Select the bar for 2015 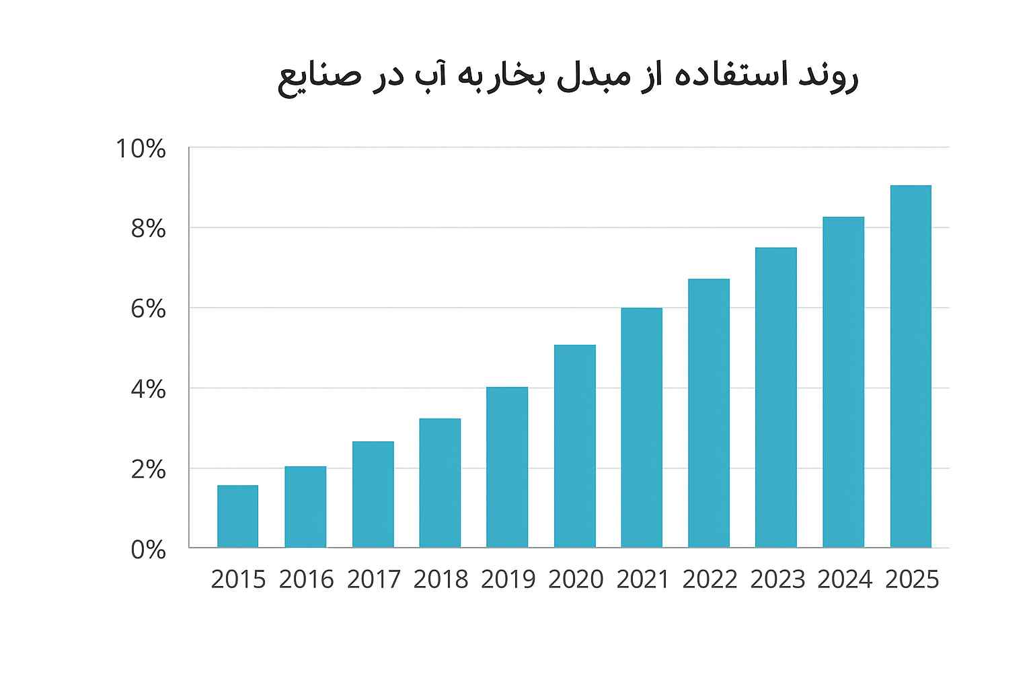click(237, 516)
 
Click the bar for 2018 click(440, 483)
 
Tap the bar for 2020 click(574, 446)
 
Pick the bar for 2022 click(709, 413)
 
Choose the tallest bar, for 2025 click(911, 367)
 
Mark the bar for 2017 click(373, 495)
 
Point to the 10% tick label click(141, 149)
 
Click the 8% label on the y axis click(148, 229)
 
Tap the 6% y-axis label click(148, 309)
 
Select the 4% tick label click(148, 390)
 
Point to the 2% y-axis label click(148, 470)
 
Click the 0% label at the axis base click(148, 550)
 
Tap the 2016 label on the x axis click(306, 579)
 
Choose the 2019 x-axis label click(508, 579)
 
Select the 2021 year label click(643, 579)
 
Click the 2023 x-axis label click(777, 579)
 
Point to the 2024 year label click(845, 579)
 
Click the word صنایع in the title click(319, 79)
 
